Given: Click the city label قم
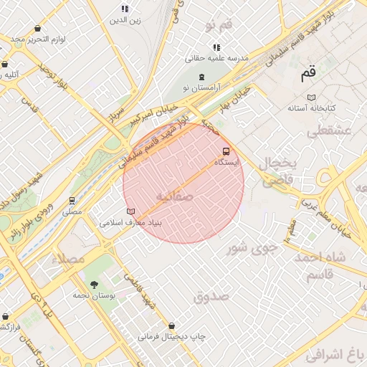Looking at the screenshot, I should [x=308, y=72].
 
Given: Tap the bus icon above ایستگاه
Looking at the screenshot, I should [x=227, y=151].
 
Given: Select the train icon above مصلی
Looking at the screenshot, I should [x=72, y=201].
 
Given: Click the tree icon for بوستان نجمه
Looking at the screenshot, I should [x=94, y=283].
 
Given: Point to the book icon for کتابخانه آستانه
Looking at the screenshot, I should [x=310, y=97].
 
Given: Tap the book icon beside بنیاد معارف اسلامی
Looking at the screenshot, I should [x=130, y=211].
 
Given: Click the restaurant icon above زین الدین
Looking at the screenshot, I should [x=125, y=9].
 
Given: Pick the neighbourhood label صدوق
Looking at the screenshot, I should [x=210, y=295].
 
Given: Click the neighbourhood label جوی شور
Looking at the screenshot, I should [x=252, y=248].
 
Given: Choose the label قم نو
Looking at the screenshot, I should [x=218, y=26].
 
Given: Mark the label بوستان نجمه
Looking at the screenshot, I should [x=93, y=295].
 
